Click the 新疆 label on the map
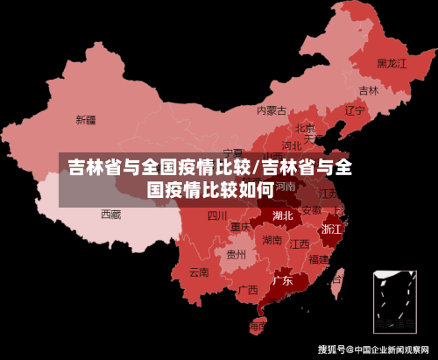[x=85, y=119]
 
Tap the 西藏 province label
[x=110, y=214]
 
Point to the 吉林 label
[x=369, y=90]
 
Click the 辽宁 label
[x=354, y=111]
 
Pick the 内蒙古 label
[x=272, y=111]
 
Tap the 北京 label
[x=305, y=129]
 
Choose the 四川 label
[x=217, y=215]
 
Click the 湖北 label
[x=283, y=215]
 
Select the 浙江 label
[x=332, y=229]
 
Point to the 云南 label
[x=199, y=272]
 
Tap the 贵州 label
[x=236, y=255]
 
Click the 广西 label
[x=248, y=289]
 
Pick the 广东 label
[x=282, y=282]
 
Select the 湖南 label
[x=272, y=240]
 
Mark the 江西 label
[x=300, y=244]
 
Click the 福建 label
[x=319, y=259]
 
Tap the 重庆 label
[x=240, y=227]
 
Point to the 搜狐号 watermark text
[x=334, y=349]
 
